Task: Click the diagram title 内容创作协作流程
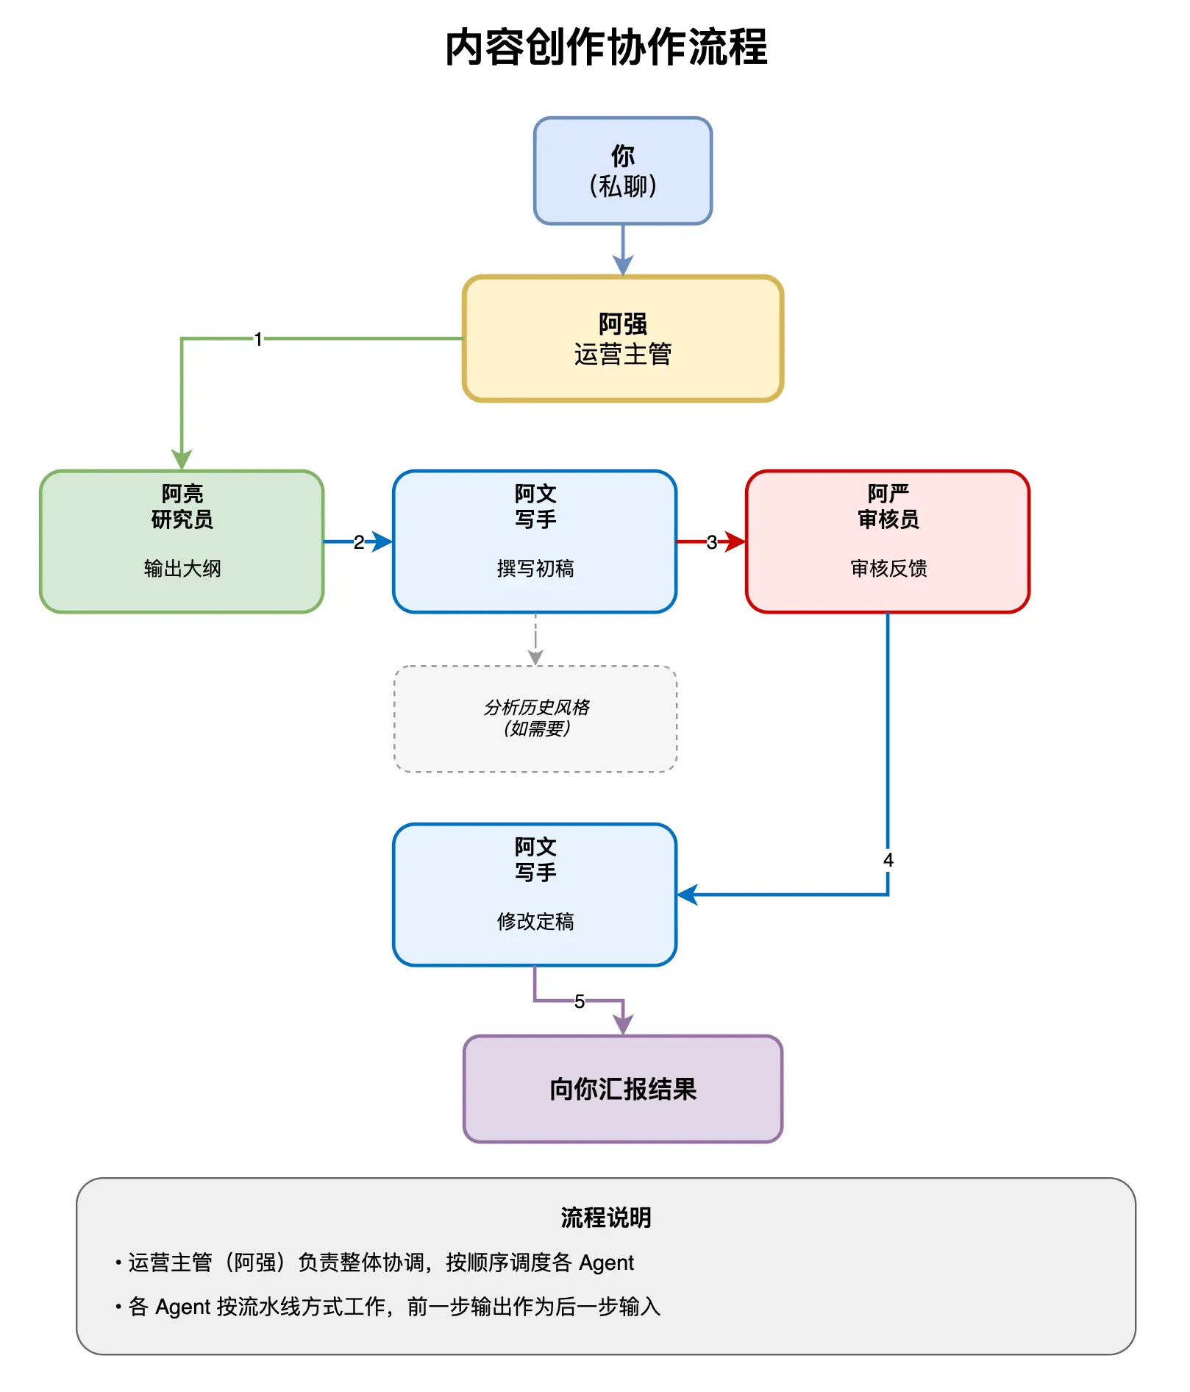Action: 606,47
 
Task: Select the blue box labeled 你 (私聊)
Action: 623,171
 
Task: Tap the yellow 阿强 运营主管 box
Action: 623,338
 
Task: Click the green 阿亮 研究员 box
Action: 182,541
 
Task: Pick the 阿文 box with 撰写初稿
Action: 535,541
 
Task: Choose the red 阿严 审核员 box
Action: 888,541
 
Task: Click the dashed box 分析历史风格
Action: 535,719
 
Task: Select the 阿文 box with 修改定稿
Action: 535,895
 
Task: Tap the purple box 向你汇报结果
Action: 623,1089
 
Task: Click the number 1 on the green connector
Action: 258,338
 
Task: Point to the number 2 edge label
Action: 358,542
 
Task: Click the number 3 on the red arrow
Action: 711,542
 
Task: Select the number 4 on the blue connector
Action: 888,860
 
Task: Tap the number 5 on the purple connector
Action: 580,1001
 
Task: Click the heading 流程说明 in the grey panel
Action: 606,1218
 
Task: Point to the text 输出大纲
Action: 182,568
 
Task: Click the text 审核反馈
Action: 888,568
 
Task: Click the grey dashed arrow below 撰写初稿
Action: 535,639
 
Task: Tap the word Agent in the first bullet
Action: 606,1263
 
